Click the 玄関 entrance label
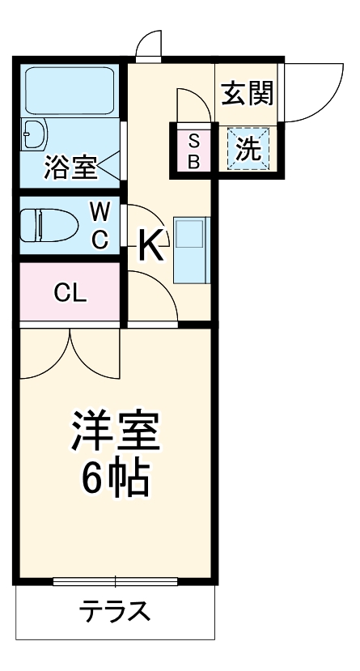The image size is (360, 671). (x=247, y=94)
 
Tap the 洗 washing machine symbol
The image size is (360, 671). (x=248, y=149)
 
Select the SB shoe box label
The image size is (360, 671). (x=194, y=150)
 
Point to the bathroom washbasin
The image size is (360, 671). (x=34, y=134)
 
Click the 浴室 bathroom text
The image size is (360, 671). (x=70, y=167)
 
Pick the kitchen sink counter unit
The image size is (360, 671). (x=191, y=249)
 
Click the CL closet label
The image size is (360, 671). (x=70, y=294)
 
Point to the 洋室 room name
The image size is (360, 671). (x=114, y=431)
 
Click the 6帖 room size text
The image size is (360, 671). (x=114, y=480)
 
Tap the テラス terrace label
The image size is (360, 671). (x=115, y=609)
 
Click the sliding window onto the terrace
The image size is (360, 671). (x=115, y=580)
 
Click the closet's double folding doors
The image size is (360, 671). (x=70, y=350)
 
